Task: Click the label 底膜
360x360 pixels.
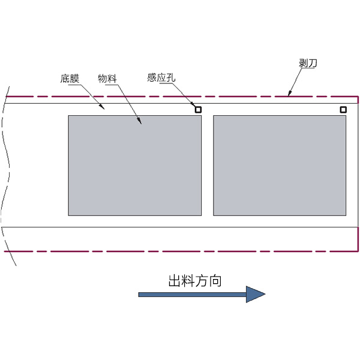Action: [70, 79]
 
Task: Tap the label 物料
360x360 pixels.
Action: [107, 79]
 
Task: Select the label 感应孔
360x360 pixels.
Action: [161, 77]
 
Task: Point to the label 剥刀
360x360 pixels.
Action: [308, 63]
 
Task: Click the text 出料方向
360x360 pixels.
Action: [195, 281]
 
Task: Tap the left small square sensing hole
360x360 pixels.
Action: [198, 110]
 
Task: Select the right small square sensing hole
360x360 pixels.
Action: [343, 110]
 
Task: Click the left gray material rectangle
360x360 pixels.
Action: [135, 166]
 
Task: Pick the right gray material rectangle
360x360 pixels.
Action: [280, 166]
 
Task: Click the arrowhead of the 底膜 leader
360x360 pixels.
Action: [103, 107]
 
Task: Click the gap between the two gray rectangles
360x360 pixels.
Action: [208, 166]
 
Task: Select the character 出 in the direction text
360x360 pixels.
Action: [175, 281]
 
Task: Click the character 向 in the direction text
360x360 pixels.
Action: [215, 281]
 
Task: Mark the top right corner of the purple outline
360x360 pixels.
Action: [358, 97]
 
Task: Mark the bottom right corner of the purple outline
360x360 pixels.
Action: [358, 251]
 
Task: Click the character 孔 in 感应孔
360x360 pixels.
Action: [171, 77]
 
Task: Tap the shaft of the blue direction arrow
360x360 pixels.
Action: [193, 295]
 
